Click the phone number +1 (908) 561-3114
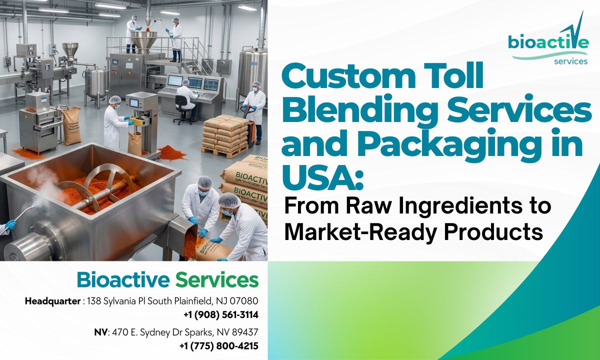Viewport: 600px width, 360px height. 220,315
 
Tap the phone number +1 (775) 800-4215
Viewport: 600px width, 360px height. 219,346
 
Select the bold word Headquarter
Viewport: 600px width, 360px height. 53,301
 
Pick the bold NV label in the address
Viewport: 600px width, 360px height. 100,332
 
